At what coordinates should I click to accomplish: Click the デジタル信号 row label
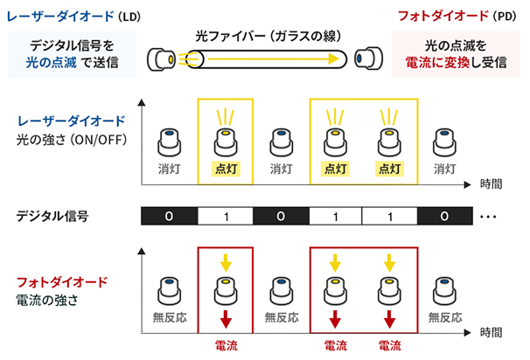pyautogui.click(x=59, y=215)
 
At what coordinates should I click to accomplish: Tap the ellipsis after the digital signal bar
pyautogui.click(x=489, y=215)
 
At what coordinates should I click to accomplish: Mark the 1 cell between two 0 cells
pyautogui.click(x=226, y=215)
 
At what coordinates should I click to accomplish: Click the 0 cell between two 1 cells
pyautogui.click(x=282, y=215)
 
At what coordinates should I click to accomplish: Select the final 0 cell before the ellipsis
pyautogui.click(x=446, y=215)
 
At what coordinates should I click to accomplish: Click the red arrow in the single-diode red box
pyautogui.click(x=226, y=315)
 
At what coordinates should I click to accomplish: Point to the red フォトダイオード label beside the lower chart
pyautogui.click(x=62, y=282)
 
